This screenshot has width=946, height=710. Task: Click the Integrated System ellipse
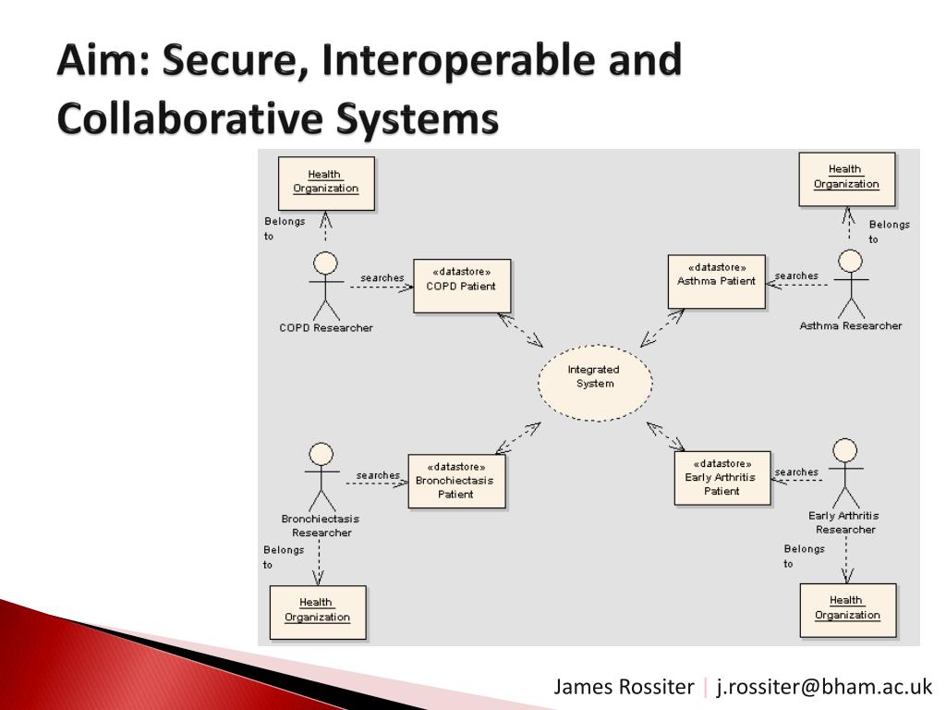click(x=595, y=383)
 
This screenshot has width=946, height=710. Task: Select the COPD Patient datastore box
click(x=461, y=286)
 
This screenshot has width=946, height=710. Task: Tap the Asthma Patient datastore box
click(x=716, y=281)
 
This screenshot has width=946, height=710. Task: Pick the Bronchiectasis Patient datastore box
click(x=456, y=481)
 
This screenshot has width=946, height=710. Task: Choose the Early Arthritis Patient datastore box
click(x=722, y=477)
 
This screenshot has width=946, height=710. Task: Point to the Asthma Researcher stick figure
click(x=850, y=282)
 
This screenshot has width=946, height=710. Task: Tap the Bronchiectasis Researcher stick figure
click(x=321, y=475)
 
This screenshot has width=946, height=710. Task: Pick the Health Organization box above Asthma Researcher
click(x=846, y=177)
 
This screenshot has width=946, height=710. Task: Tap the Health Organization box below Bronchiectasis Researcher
click(x=317, y=611)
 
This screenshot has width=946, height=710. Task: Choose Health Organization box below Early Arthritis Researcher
click(x=847, y=609)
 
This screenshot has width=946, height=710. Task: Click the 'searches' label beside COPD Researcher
click(x=382, y=277)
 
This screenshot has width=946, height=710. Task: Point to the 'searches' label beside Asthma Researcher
click(x=795, y=275)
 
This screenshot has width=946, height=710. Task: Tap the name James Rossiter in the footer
click(x=624, y=687)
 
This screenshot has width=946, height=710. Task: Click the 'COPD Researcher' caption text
click(x=326, y=328)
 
